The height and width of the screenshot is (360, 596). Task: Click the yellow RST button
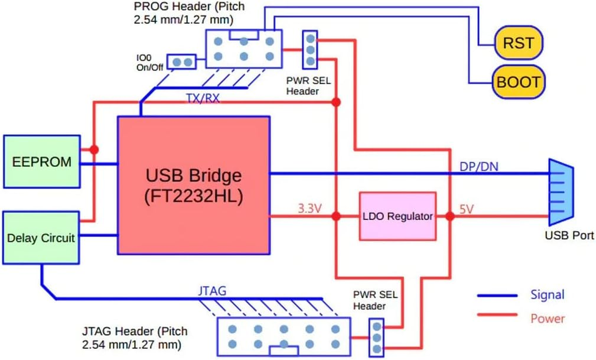(x=518, y=42)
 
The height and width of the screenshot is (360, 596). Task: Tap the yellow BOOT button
(x=517, y=82)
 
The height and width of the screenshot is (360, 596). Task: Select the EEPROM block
(x=42, y=162)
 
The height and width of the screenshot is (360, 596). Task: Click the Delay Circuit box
(x=41, y=238)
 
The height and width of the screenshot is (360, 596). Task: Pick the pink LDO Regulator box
(x=398, y=216)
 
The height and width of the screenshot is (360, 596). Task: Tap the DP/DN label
(x=479, y=166)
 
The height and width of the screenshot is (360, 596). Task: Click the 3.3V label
(x=309, y=209)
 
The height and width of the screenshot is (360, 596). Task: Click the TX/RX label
(x=203, y=98)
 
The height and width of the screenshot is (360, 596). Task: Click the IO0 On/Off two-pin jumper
(x=182, y=62)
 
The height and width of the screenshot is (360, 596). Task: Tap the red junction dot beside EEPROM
(x=94, y=149)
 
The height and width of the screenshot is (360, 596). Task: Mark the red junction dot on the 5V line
(x=450, y=216)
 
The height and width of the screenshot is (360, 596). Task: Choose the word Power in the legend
(x=547, y=319)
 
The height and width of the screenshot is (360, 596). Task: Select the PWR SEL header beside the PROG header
(x=309, y=50)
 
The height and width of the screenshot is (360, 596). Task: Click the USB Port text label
(x=569, y=235)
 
